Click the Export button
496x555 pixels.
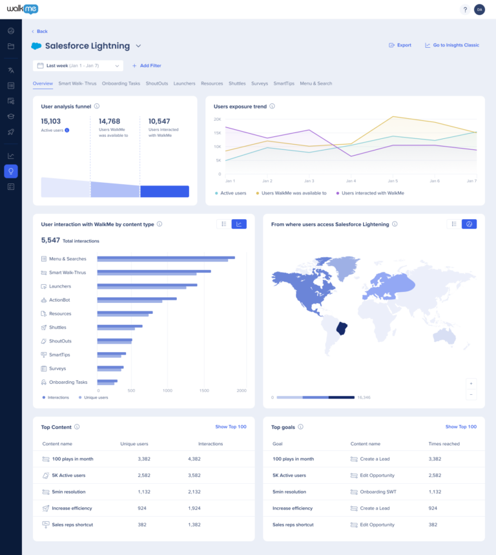[x=400, y=45]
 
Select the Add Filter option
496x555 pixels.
[x=147, y=66]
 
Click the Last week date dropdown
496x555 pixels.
[x=77, y=66]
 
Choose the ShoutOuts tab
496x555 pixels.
[x=157, y=83]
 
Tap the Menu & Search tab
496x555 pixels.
[x=316, y=83]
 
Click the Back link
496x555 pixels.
[x=40, y=31]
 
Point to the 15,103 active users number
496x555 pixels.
[x=51, y=121]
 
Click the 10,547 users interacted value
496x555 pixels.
[x=159, y=121]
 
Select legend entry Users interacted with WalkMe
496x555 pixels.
[x=373, y=193]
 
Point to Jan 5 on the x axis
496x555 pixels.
[x=393, y=181]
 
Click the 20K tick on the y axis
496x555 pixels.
[x=218, y=120]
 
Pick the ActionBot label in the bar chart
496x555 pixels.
[x=59, y=300]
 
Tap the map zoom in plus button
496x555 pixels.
[x=471, y=382]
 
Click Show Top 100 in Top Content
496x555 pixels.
[x=231, y=427]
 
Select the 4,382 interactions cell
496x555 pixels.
[x=194, y=459]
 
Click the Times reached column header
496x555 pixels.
[x=444, y=444]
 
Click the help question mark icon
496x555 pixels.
[x=465, y=10]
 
